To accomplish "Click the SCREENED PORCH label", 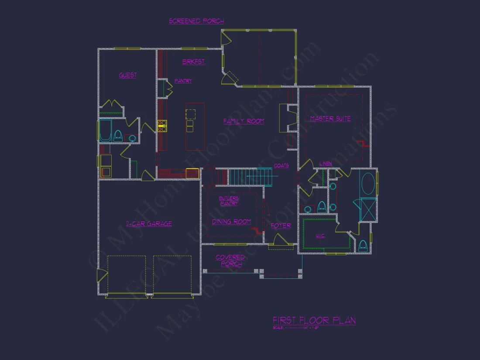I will tap(196, 21).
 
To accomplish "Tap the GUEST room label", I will tap(128, 75).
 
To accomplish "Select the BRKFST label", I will tap(194, 62).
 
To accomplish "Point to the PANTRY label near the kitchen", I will tap(183, 81).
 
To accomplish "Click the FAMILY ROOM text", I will tap(243, 121).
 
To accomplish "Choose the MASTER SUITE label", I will tap(330, 119).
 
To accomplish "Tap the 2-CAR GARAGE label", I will tap(149, 224).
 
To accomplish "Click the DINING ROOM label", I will tap(231, 222).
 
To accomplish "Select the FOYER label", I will tap(281, 226).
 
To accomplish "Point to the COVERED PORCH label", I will tap(230, 261).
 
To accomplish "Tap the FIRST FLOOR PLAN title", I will tap(314, 321).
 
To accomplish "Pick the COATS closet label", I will tap(281, 166).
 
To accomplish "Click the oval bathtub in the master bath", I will tap(369, 184).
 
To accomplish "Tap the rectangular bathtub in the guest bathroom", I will tap(105, 130).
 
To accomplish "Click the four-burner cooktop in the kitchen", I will tap(162, 126).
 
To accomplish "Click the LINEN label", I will tap(326, 164).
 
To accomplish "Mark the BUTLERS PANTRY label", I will tap(229, 201).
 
